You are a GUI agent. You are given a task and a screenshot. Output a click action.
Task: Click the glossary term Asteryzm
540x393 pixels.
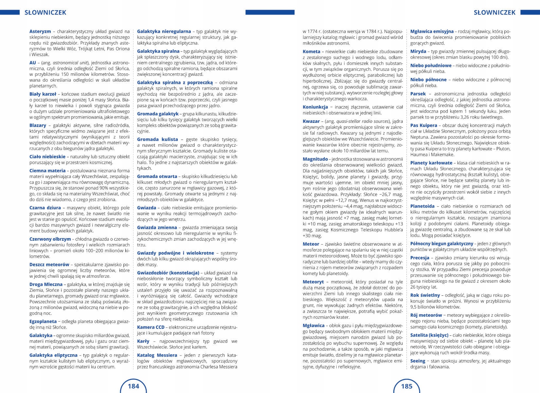(x=40, y=31)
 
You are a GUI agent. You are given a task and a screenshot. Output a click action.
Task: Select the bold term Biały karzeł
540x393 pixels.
(x=43, y=94)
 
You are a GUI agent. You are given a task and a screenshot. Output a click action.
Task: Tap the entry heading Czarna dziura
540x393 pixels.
(x=45, y=208)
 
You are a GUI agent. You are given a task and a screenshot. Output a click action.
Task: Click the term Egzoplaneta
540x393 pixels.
(x=43, y=321)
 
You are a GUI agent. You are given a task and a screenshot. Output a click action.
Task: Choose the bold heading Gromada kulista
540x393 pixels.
(x=157, y=139)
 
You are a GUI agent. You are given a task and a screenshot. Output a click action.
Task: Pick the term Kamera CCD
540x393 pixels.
(x=151, y=327)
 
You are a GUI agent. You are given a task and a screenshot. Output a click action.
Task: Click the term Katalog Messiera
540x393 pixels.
(x=157, y=355)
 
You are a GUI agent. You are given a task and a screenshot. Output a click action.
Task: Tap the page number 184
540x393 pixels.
(x=134, y=386)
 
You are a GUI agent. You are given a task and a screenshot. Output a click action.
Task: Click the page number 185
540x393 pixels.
(x=407, y=386)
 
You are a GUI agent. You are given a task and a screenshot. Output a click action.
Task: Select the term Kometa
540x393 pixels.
(x=312, y=51)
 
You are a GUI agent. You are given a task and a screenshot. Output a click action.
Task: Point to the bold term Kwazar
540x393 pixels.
(x=311, y=121)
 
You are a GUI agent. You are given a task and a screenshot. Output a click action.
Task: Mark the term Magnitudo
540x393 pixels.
(x=315, y=159)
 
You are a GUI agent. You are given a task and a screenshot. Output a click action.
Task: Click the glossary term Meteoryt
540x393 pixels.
(x=313, y=282)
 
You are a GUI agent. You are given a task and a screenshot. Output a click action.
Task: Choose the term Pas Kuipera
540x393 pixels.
(x=423, y=125)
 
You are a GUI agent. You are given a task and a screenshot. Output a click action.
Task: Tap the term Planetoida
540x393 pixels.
(x=423, y=206)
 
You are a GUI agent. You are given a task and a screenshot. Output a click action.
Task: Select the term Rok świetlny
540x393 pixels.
(x=425, y=295)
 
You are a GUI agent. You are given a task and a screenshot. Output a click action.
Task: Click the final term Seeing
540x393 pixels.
(x=418, y=361)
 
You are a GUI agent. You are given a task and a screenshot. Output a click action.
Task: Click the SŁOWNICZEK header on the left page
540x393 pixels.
(x=45, y=12)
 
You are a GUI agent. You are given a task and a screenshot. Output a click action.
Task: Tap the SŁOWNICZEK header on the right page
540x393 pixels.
(x=495, y=12)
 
